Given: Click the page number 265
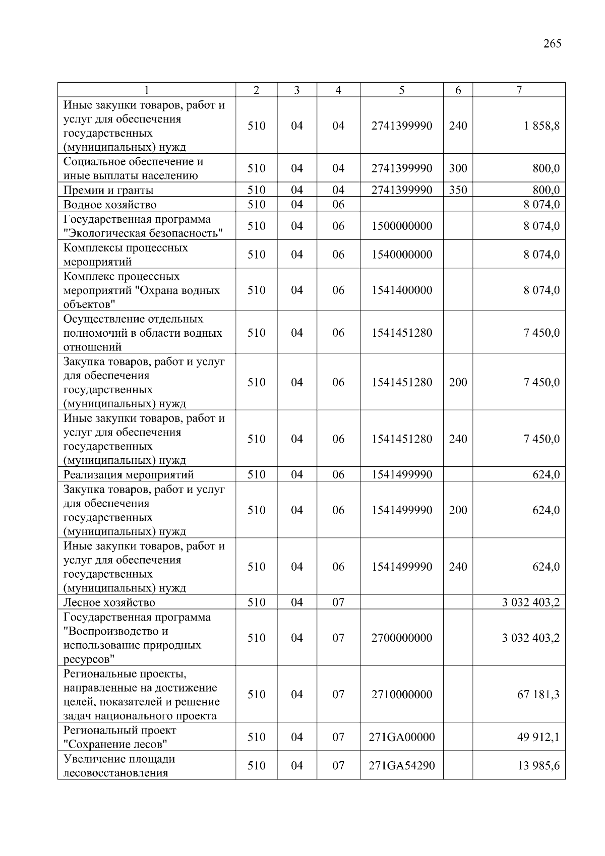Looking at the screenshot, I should [552, 44].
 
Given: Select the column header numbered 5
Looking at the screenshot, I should [401, 90].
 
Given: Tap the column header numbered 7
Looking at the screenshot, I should [519, 90].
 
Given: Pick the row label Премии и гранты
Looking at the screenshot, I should [108, 190].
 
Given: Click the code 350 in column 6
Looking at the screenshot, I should [458, 190].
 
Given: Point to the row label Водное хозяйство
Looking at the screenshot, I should [110, 205].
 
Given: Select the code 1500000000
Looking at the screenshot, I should [402, 226].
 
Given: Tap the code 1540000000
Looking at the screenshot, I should [402, 255].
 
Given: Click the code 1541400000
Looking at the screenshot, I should [402, 290].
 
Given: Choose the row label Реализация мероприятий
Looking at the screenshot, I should [129, 474].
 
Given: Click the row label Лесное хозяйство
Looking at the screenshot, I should [109, 602].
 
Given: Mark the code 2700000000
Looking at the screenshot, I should [402, 638].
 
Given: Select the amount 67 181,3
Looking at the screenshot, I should [538, 695].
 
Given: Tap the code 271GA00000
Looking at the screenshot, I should [402, 737].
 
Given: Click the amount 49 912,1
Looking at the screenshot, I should [538, 737].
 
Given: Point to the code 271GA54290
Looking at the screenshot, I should [402, 765].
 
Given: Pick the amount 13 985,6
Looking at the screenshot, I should [538, 765].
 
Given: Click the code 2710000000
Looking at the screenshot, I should [402, 695].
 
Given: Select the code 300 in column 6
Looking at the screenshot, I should [458, 168].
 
